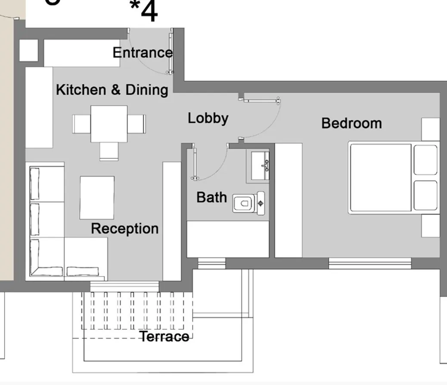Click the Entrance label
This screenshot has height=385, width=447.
(x=143, y=53)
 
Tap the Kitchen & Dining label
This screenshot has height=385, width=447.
(x=112, y=90)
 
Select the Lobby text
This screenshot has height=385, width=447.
(x=208, y=118)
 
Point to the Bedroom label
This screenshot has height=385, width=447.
(x=351, y=123)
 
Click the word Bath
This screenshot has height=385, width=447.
(x=211, y=197)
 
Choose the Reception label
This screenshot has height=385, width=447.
(x=124, y=228)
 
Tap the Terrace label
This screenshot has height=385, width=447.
(x=165, y=336)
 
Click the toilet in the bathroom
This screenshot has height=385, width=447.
(x=248, y=203)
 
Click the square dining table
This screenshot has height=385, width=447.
(x=109, y=124)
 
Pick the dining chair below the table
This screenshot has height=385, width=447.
(x=109, y=151)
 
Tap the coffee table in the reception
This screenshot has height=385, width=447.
(x=97, y=197)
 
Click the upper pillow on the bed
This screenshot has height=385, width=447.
(x=425, y=160)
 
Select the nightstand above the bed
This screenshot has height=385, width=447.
(x=430, y=129)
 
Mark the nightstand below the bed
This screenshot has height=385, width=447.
(x=430, y=226)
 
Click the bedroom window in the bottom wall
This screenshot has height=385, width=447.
(x=370, y=263)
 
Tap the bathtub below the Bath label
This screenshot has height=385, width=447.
(x=228, y=239)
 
